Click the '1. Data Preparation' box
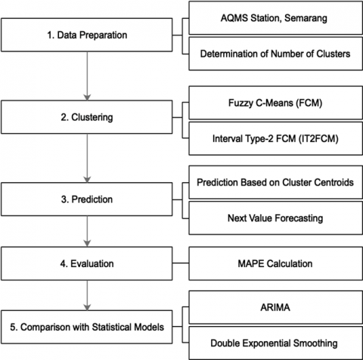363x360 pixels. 87,35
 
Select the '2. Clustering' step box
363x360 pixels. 87,117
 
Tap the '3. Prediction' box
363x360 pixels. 87,199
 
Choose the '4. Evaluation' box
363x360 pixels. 87,263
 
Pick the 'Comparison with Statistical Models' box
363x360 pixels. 87,327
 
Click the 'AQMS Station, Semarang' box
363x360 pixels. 276,18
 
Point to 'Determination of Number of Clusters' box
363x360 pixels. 276,54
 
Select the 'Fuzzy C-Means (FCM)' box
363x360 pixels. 276,103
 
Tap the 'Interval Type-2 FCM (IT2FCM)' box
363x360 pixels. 276,138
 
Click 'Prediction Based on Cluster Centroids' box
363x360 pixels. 276,182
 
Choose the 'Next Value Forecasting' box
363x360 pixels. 276,218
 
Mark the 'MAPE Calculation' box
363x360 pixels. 276,263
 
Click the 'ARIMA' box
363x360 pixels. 276,307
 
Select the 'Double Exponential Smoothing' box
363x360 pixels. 276,343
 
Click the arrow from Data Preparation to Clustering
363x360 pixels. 87,76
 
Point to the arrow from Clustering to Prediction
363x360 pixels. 87,158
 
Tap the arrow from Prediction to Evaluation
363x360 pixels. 87,231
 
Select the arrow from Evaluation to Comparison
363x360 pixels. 87,295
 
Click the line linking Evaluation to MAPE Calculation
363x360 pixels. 181,263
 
